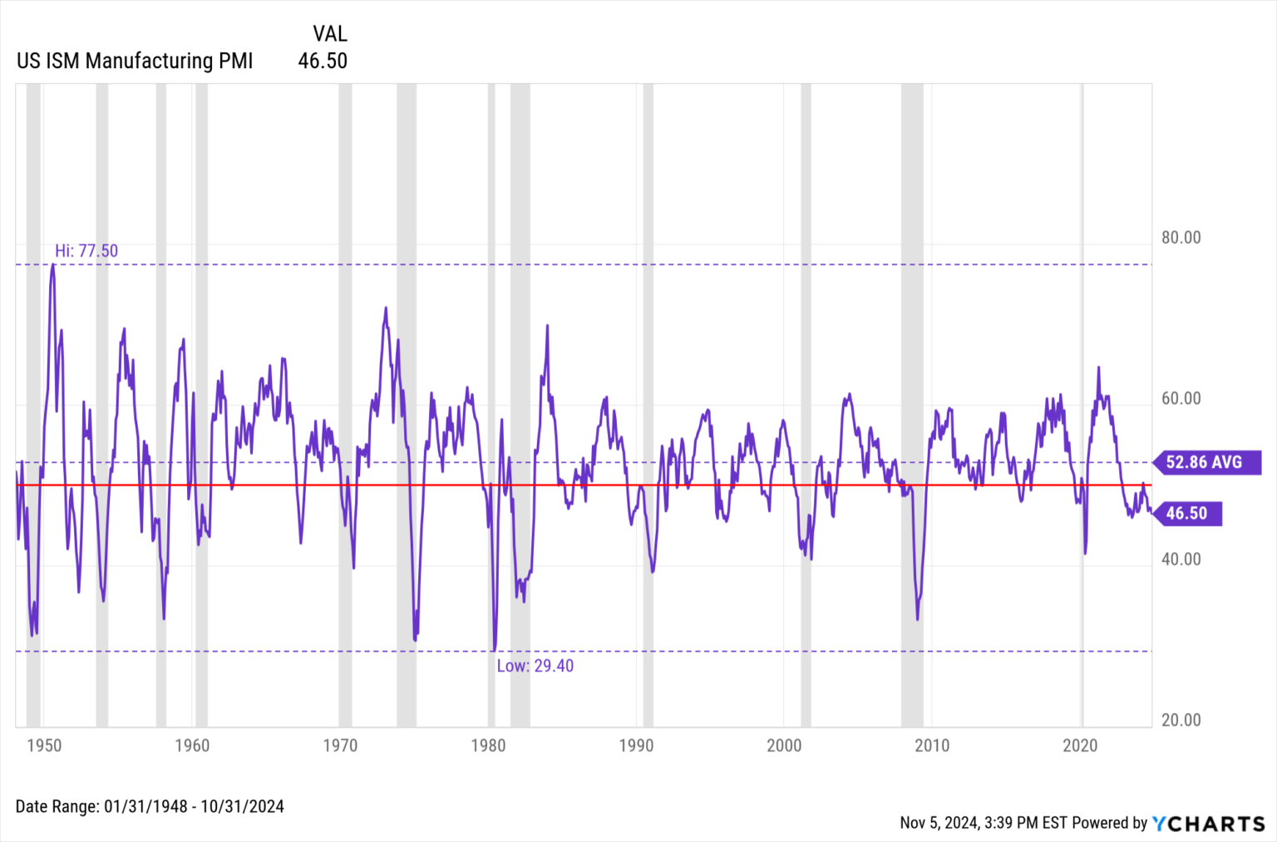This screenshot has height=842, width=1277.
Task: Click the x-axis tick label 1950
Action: pyautogui.click(x=44, y=746)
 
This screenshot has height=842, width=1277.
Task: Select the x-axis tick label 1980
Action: pyautogui.click(x=488, y=746)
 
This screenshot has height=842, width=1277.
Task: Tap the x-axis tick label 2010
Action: pyautogui.click(x=932, y=746)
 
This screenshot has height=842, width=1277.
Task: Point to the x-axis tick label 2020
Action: pyautogui.click(x=1080, y=746)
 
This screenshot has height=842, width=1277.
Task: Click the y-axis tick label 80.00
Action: pyautogui.click(x=1181, y=238)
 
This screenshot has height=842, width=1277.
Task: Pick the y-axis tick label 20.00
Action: pyautogui.click(x=1181, y=721)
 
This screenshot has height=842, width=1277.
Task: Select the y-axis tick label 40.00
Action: pyautogui.click(x=1181, y=559)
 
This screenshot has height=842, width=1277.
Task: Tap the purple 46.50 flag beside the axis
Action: pyautogui.click(x=1187, y=514)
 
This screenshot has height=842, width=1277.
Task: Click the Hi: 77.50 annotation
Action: pyautogui.click(x=86, y=251)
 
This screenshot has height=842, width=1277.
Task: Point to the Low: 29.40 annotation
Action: pyautogui.click(x=535, y=666)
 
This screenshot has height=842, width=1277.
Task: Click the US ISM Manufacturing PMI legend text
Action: pyautogui.click(x=135, y=61)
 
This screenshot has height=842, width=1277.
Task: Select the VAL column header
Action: pyautogui.click(x=329, y=33)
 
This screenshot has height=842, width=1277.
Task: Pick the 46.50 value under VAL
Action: pyautogui.click(x=323, y=61)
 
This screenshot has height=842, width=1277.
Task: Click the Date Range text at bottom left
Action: pyautogui.click(x=150, y=806)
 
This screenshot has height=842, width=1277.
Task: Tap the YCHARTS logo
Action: pyautogui.click(x=1209, y=823)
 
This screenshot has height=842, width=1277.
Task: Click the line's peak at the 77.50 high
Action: pyautogui.click(x=52, y=265)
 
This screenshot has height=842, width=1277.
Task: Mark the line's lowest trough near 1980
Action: pyautogui.click(x=494, y=650)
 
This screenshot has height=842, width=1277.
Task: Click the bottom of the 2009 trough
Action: pyautogui.click(x=917, y=618)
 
